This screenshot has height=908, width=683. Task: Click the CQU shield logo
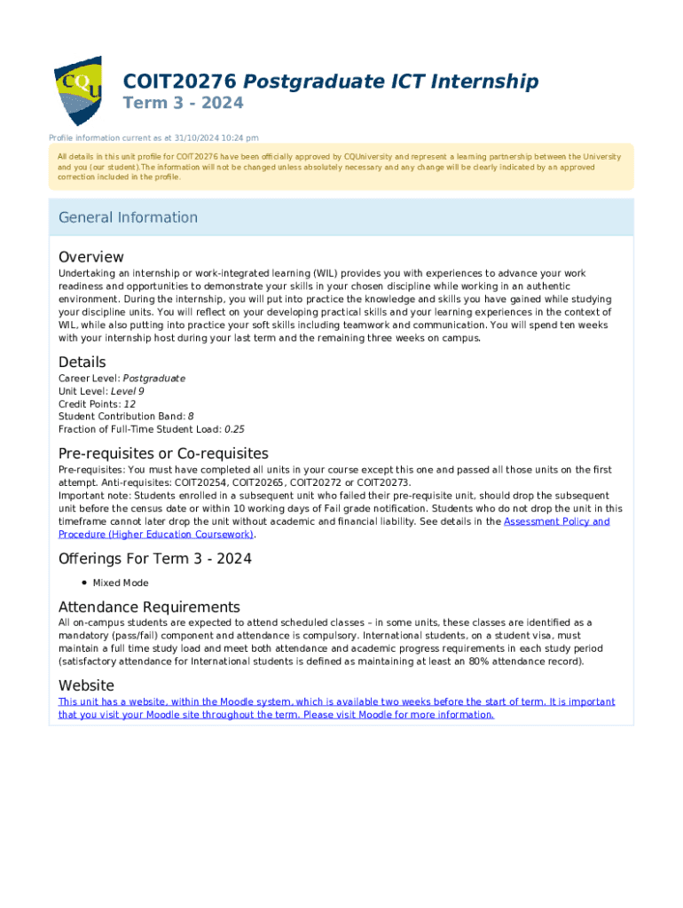[78, 90]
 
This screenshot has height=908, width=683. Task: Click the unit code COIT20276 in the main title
[179, 82]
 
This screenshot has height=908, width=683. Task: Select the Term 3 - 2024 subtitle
[182, 104]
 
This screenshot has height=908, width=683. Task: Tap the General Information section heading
[128, 217]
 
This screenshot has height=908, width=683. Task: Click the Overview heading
[91, 257]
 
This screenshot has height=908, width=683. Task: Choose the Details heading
[82, 362]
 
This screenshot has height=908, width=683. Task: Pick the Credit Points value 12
[130, 403]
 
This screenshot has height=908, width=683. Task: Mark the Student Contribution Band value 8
[190, 416]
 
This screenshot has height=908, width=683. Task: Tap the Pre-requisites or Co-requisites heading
[163, 454]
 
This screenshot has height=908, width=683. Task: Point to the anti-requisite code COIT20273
[383, 482]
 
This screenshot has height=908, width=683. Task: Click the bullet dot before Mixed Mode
[82, 583]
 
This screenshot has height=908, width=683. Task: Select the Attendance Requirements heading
[149, 607]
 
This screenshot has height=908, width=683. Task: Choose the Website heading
[86, 685]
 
